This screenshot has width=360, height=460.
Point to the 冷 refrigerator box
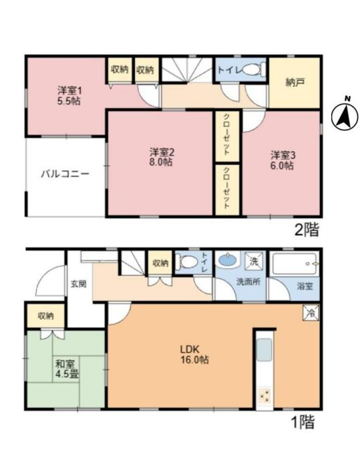pyautogui.click(x=311, y=311)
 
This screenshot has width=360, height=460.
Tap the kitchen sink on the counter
pyautogui.click(x=264, y=350)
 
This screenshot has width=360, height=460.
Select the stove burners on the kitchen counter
pyautogui.click(x=264, y=395)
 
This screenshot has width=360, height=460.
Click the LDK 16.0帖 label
pyautogui.click(x=193, y=354)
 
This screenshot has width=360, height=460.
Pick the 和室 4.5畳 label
pyautogui.click(x=66, y=369)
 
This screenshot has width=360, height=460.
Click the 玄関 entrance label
pyautogui.click(x=78, y=284)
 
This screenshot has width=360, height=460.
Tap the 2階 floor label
pyautogui.click(x=307, y=231)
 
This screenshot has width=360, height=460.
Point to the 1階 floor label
pyautogui.click(x=302, y=423)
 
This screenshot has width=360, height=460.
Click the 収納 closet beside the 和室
pyautogui.click(x=45, y=316)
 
